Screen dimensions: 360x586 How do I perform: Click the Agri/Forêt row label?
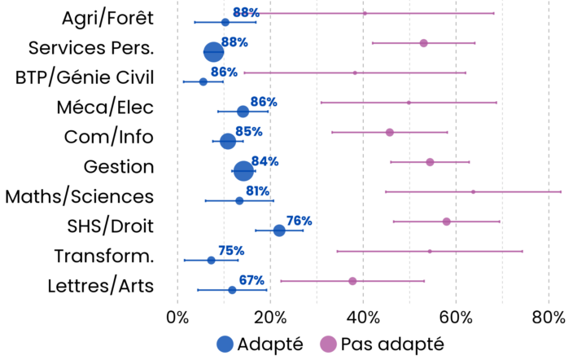click(107, 18)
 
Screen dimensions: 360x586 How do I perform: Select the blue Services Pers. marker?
click(213, 51)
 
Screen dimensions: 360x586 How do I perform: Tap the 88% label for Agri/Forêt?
click(246, 12)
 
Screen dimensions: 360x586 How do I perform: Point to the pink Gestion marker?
click(430, 162)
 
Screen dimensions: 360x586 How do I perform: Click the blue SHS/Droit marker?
click(279, 230)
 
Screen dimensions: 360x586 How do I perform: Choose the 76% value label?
click(299, 221)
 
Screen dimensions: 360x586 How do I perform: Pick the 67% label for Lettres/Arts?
click(251, 280)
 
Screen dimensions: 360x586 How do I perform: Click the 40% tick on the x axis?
click(363, 316)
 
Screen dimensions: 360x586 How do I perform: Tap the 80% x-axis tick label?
click(549, 316)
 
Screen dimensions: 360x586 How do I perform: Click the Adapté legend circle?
click(225, 344)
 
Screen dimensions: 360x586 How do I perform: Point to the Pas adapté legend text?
click(392, 344)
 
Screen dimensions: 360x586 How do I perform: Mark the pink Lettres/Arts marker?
click(352, 281)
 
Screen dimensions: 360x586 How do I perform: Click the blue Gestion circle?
click(243, 171)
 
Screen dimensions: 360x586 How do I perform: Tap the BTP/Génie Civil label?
click(85, 77)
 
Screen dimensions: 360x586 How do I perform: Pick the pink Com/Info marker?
click(389, 132)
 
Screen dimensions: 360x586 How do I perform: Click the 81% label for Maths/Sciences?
click(258, 191)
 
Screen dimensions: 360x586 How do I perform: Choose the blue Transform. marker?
click(211, 260)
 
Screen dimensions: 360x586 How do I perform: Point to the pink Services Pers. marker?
click(423, 42)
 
